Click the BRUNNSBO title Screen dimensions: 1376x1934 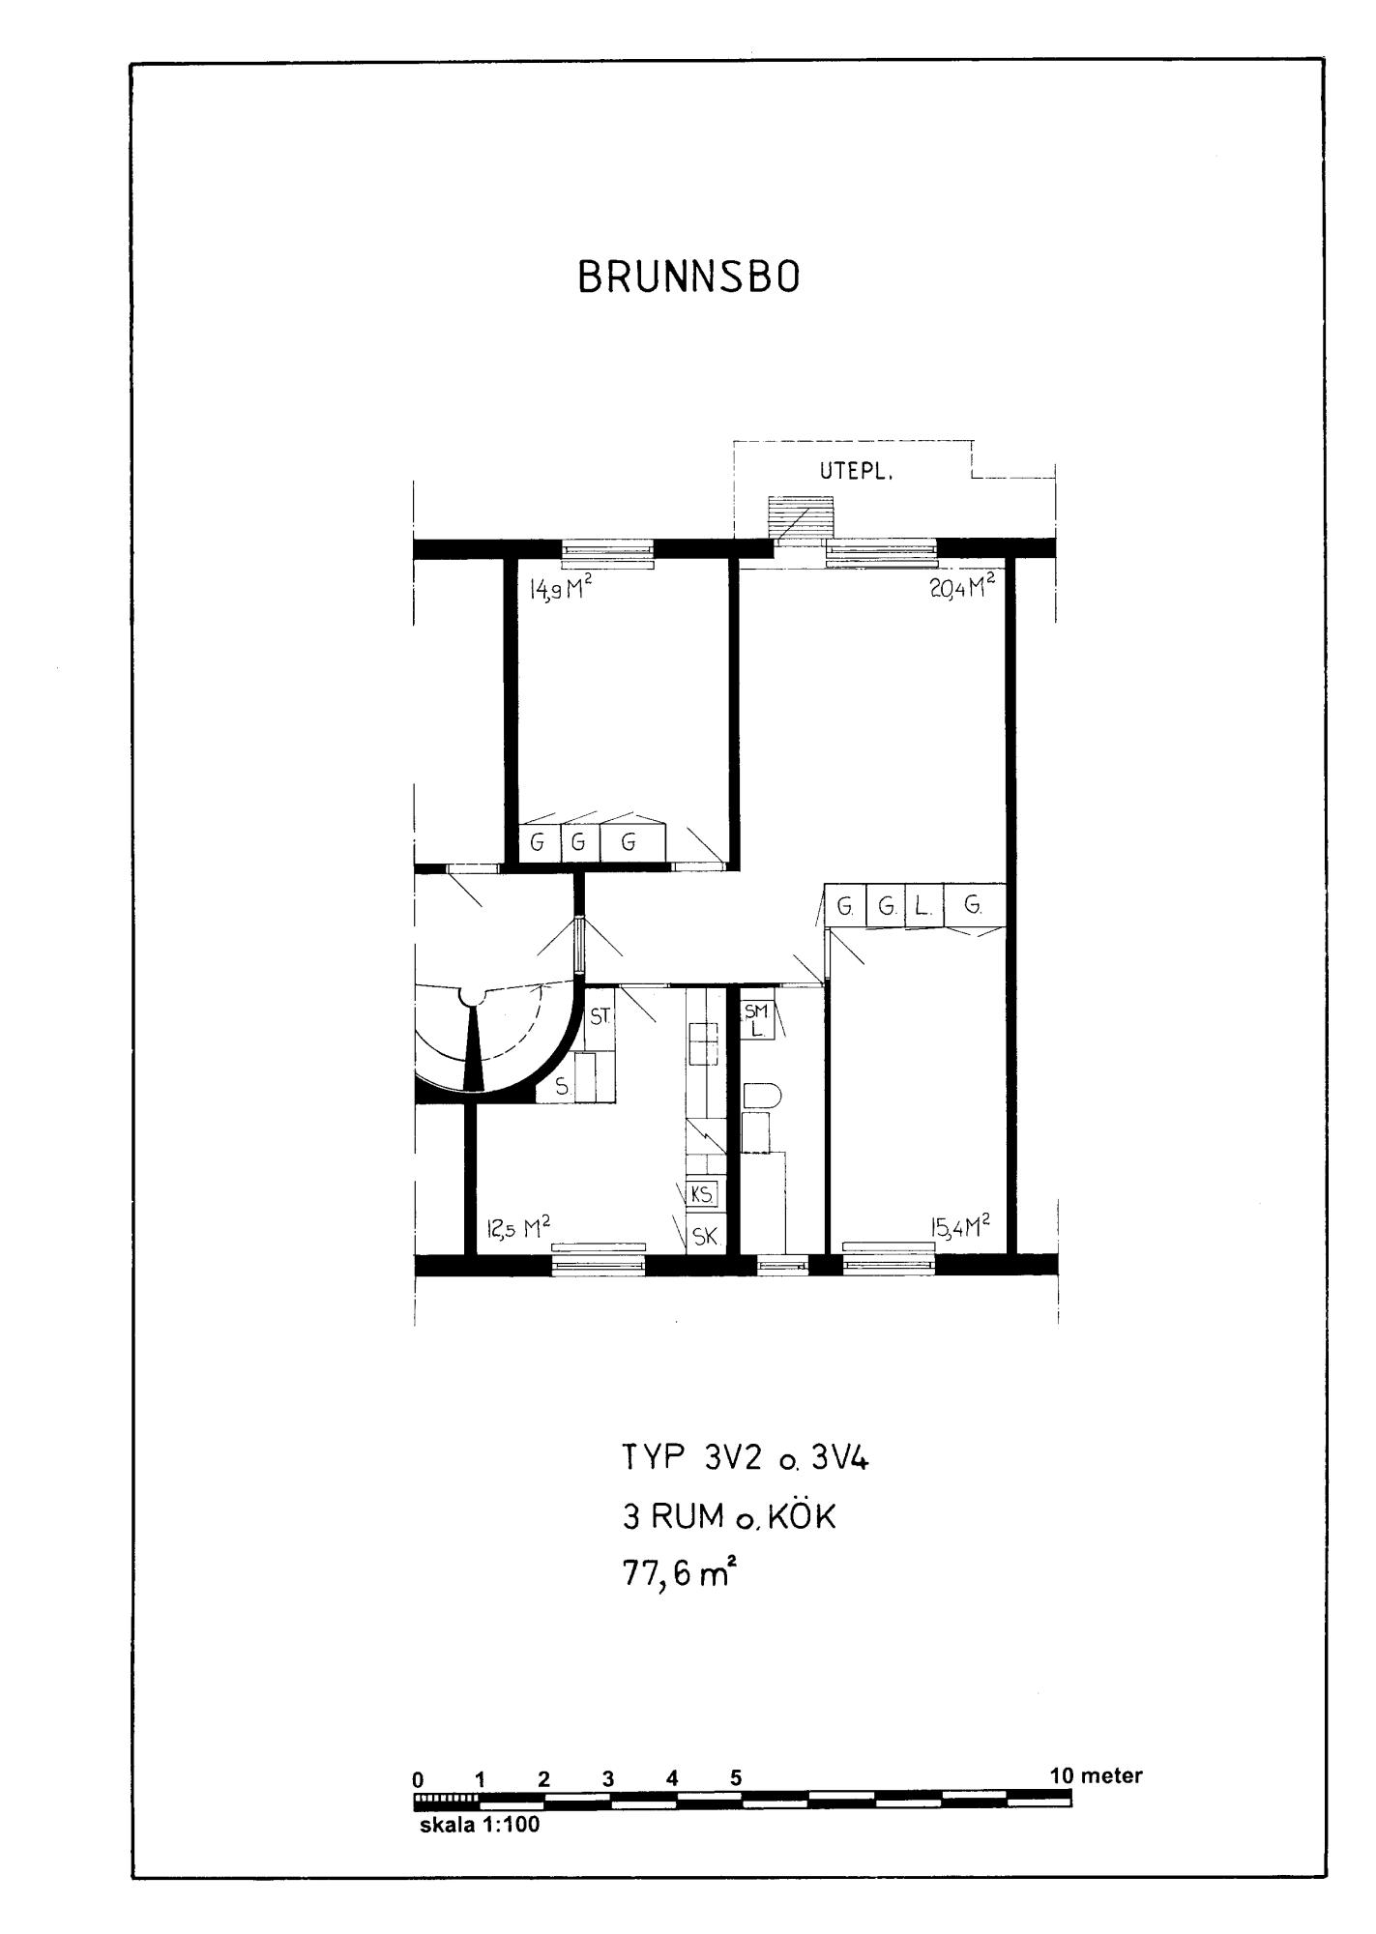(x=688, y=278)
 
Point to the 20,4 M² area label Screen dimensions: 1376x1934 (x=962, y=587)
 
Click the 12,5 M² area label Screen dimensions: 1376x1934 (x=518, y=1228)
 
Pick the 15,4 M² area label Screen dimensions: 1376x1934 (x=960, y=1227)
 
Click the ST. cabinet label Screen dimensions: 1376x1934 (x=600, y=1016)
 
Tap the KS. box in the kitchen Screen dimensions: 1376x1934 (x=702, y=1194)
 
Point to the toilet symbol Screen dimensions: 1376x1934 (x=762, y=1097)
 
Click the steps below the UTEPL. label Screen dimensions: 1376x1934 (x=800, y=518)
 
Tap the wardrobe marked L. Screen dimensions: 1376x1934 (x=922, y=906)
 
